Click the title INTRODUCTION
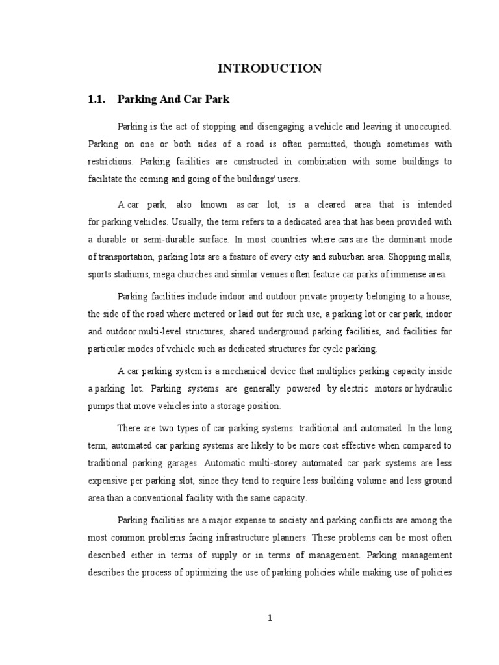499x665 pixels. [x=270, y=68]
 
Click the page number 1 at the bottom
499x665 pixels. [x=270, y=618]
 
